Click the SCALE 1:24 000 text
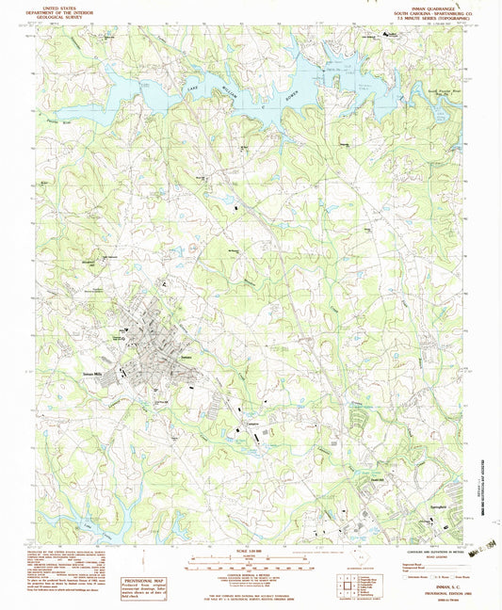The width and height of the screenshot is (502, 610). pos(250,553)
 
